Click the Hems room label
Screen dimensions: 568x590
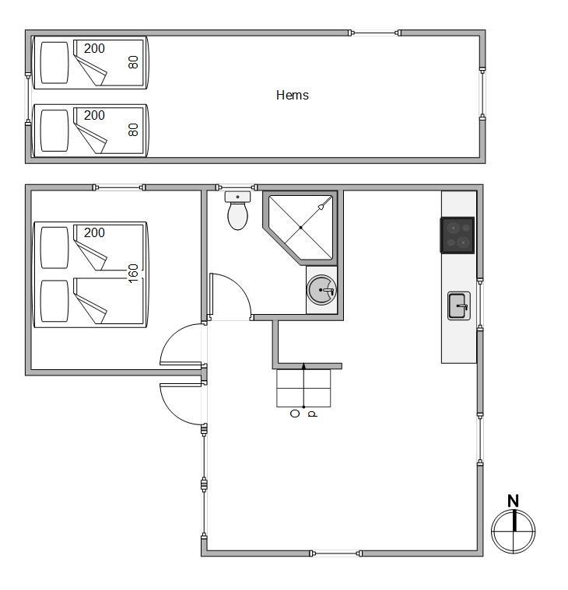point(293,95)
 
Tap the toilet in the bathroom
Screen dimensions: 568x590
point(237,211)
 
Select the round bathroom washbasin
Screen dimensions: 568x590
point(321,290)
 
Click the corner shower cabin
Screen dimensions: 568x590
point(300,227)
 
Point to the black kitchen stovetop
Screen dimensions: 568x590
point(458,236)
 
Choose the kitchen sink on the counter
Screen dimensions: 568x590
point(459,306)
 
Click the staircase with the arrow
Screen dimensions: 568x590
point(303,388)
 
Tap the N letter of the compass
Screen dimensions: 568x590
point(513,501)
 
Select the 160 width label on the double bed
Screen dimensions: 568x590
point(133,274)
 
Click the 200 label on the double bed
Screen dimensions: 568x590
point(94,232)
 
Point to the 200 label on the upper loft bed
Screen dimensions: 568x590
point(94,48)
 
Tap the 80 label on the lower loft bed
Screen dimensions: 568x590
point(133,130)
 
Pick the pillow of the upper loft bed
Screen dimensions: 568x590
point(54,62)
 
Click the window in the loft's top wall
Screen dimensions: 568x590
point(375,33)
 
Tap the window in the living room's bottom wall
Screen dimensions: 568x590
point(335,553)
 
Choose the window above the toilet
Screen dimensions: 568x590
point(237,187)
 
